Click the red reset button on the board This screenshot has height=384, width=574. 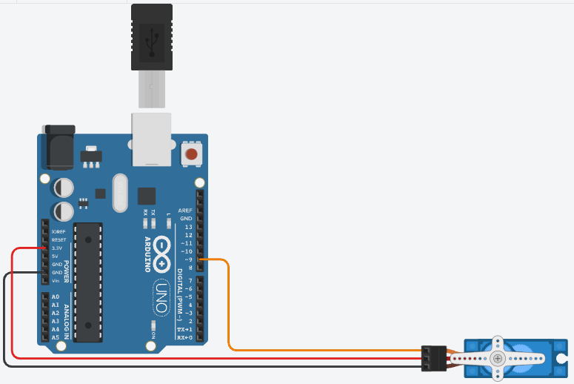tap(192, 154)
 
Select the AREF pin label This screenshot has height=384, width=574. tap(185, 211)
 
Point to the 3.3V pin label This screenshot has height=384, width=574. tap(59, 248)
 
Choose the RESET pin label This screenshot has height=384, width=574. tap(59, 239)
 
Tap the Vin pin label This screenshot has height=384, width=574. tap(56, 280)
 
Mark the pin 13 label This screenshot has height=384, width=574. tap(188, 227)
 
